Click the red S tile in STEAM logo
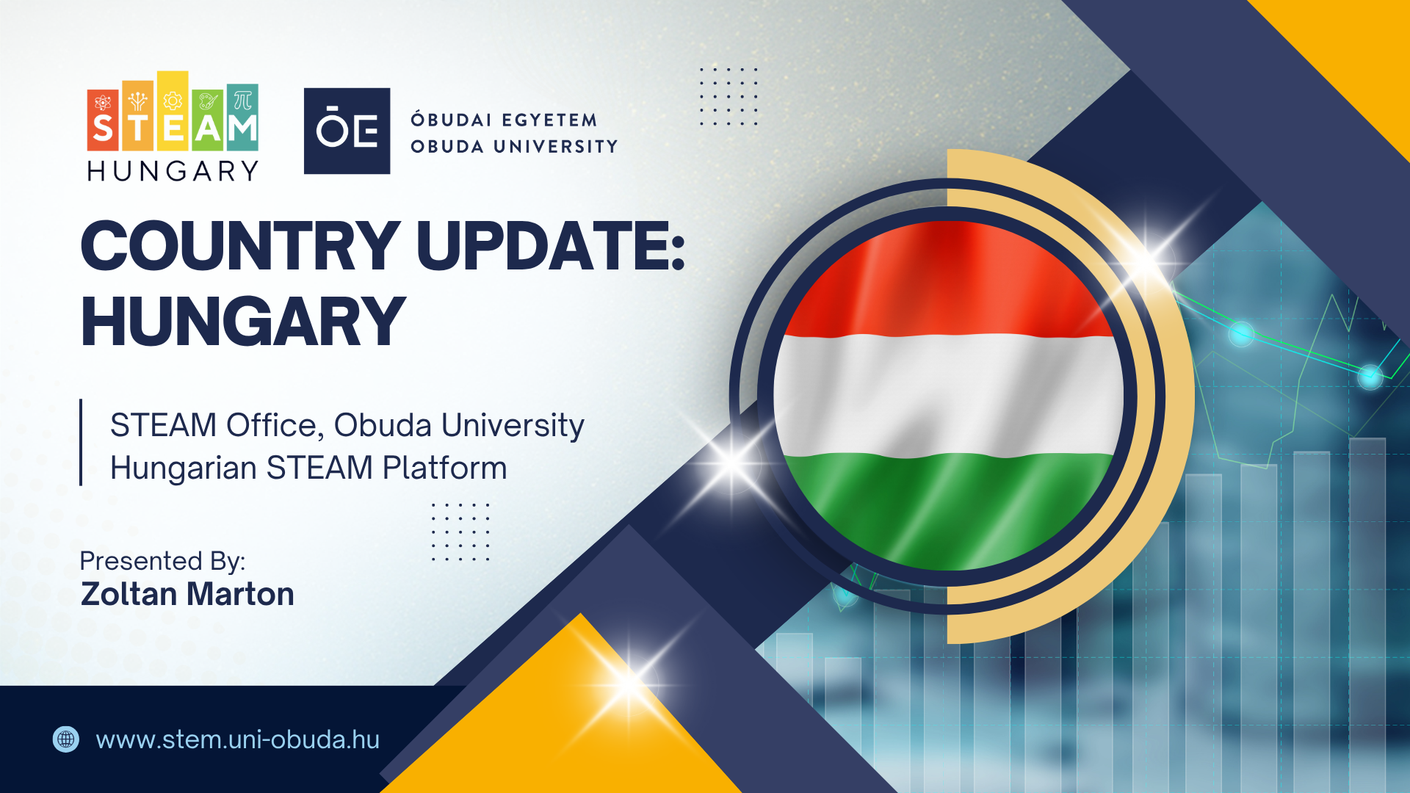point(103,120)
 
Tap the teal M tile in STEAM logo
point(242,117)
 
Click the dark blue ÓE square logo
point(347,131)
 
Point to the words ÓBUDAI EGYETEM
point(504,120)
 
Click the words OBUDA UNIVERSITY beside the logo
point(514,147)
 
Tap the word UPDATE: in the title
point(551,246)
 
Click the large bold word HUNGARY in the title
point(242,322)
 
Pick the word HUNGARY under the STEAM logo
point(173,172)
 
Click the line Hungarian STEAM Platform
point(308,468)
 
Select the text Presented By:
point(162,561)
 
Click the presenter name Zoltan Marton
point(187,594)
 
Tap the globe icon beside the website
point(66,739)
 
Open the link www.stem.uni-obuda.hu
point(237,739)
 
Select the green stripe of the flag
point(947,507)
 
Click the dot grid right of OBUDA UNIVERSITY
point(728,96)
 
